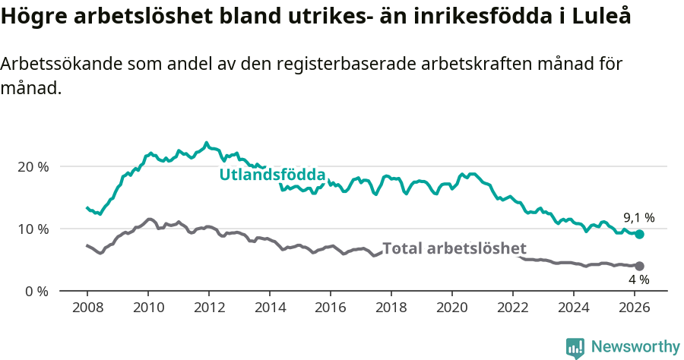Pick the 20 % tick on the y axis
pos(33,166)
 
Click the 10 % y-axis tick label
pos(33,229)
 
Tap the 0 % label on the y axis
pos(36,291)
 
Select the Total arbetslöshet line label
pos(454,249)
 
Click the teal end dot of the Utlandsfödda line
pos(639,235)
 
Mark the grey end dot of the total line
pos(639,266)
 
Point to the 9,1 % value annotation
pos(638,218)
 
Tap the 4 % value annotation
pos(638,280)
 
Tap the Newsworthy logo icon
pos(575,347)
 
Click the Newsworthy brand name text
pos(635,347)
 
